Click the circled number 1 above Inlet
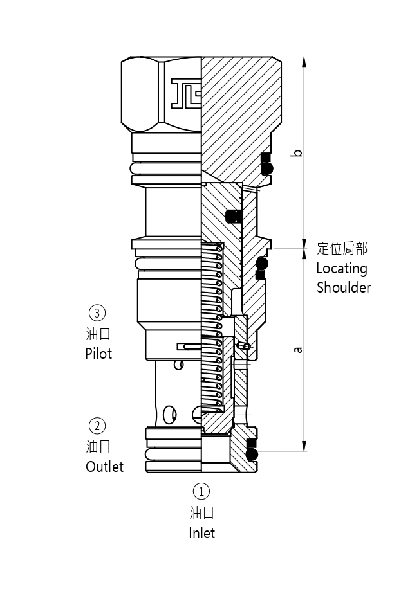coord(201,492)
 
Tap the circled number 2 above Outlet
coord(97,426)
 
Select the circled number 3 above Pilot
coord(97,313)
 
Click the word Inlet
coord(201,533)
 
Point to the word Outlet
coord(104,466)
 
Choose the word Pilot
coord(98,354)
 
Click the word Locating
coord(341,268)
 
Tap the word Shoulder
coord(343,287)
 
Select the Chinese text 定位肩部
coord(342,249)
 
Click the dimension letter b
coord(297,153)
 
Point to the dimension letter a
coord(297,350)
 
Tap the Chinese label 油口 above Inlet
coord(201,512)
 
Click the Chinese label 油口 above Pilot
coord(98,334)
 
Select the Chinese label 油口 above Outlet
coord(98,446)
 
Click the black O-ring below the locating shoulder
coord(261,264)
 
